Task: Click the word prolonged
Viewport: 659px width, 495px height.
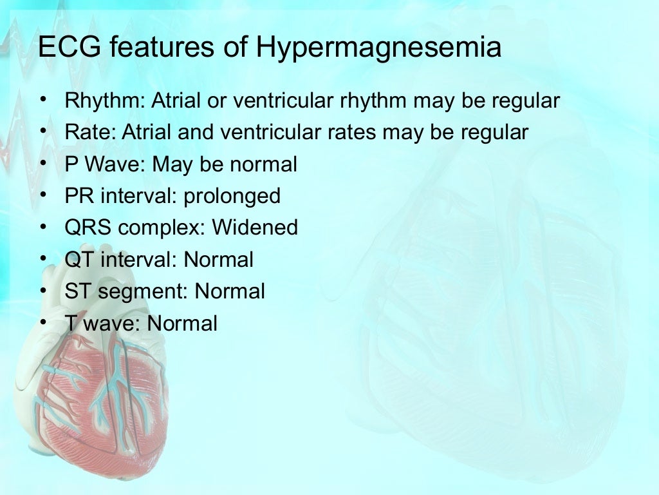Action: point(232,196)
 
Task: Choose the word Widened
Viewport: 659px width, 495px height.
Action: point(255,228)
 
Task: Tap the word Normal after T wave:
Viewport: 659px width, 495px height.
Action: point(183,323)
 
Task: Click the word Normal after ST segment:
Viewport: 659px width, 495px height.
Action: point(230,291)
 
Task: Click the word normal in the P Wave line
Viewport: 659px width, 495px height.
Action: point(263,164)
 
